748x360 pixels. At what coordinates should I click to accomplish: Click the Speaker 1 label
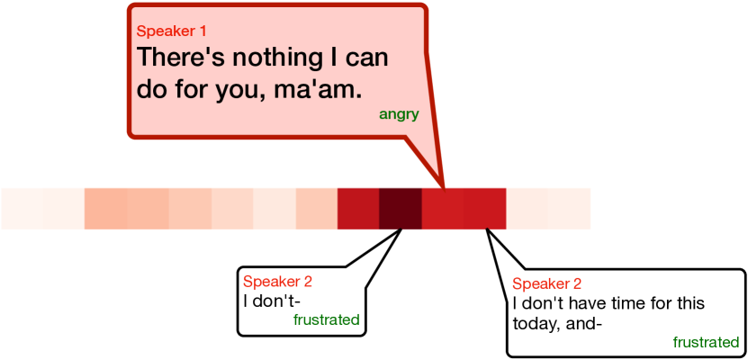coord(171,31)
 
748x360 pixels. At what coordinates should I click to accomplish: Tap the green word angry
coord(399,115)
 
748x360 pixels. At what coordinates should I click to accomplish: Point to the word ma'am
coord(318,90)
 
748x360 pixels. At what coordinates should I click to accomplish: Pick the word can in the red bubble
coord(367,59)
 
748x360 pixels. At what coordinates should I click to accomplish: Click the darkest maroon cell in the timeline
coord(401,209)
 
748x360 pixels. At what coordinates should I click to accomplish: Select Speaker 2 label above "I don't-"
coord(277,282)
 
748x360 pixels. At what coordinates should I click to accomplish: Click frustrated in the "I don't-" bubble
coord(327,319)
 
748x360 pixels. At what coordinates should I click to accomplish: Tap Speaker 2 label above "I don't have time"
coord(546,284)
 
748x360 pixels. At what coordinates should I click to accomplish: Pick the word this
coord(691,303)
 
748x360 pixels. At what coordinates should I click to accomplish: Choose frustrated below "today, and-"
coord(706,342)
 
